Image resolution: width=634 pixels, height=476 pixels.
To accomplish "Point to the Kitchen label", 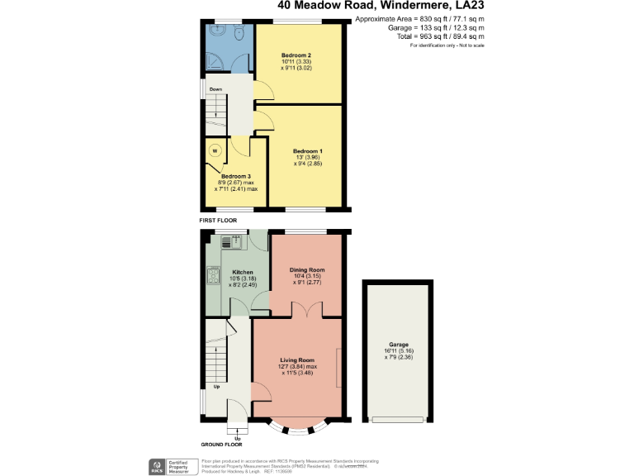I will pos(242,272).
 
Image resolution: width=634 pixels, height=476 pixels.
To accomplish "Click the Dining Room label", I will pos(306,270).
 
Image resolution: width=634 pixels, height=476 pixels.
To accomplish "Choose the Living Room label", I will pos(297,360).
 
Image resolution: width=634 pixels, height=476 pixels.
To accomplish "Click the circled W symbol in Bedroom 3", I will pos(215,150).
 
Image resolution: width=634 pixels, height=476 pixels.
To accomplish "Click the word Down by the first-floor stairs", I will pos(215,89).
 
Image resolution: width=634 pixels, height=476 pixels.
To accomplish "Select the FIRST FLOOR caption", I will pos(218,221).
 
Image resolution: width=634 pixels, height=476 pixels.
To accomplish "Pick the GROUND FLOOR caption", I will pos(222,444).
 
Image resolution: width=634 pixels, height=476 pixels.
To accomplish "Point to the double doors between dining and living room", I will pos(305,312).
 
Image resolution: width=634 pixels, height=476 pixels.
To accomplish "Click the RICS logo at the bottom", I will pos(155,467).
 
